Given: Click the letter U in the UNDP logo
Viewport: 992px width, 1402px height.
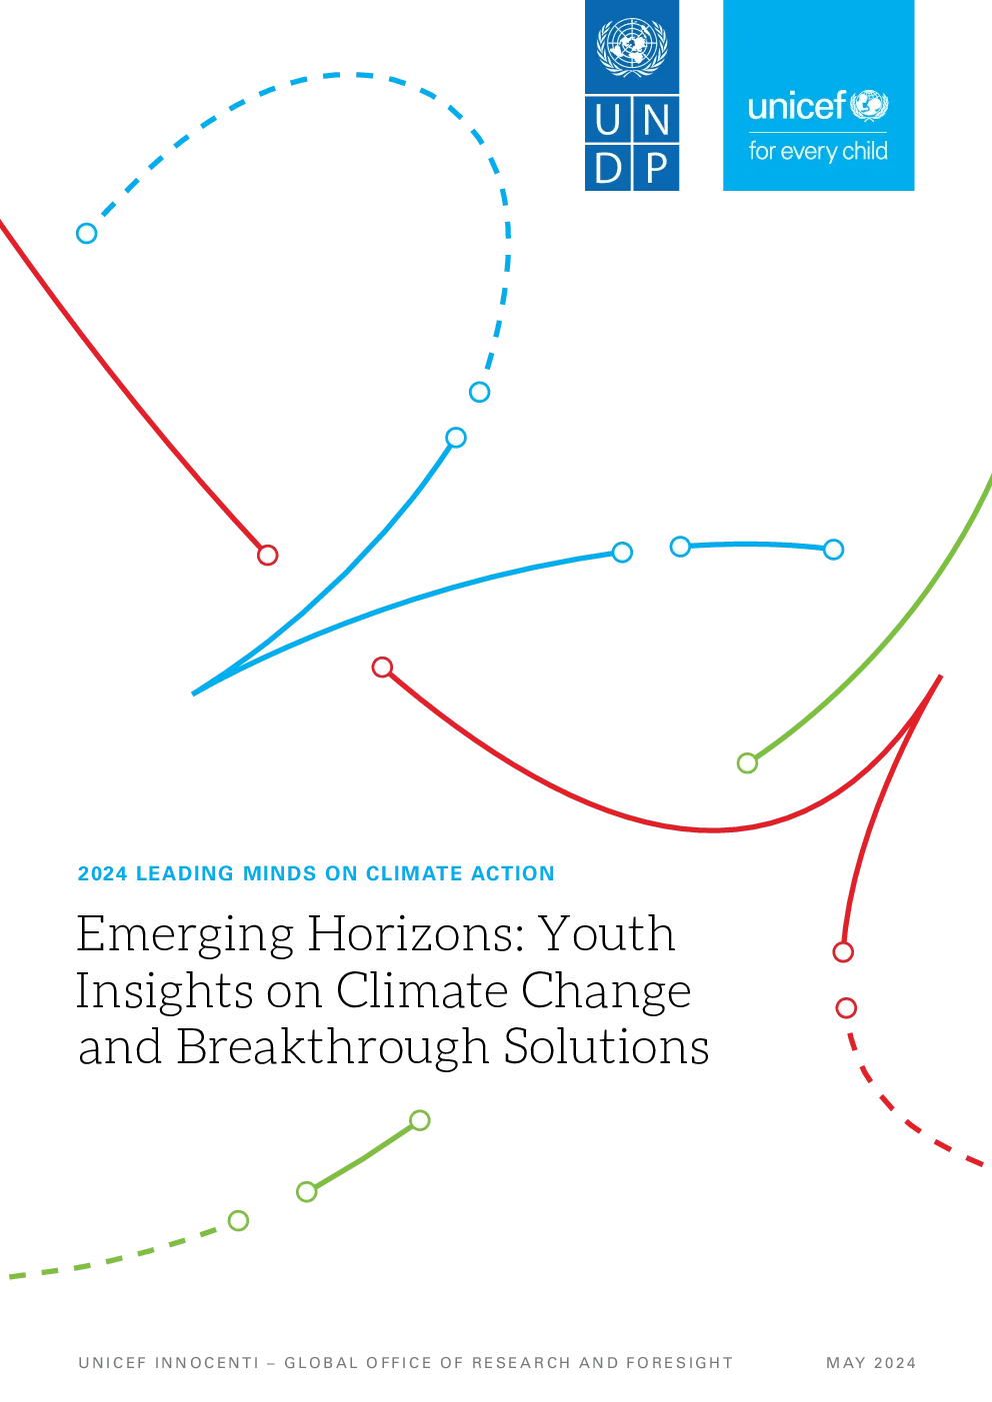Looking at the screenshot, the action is click(608, 119).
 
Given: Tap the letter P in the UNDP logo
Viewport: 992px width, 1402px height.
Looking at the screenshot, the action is click(656, 168).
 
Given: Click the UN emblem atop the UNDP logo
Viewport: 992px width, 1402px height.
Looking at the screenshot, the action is click(631, 46).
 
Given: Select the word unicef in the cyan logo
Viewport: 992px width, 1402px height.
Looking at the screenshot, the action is click(797, 106).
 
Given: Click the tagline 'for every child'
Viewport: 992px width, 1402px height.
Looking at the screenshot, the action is click(818, 152).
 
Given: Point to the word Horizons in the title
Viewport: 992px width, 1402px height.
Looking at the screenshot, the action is click(416, 934).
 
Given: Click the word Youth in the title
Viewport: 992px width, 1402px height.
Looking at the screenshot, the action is click(607, 933).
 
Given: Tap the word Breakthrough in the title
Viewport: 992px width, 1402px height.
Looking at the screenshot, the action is click(333, 1046).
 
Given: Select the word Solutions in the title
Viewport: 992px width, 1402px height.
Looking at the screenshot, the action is click(606, 1045).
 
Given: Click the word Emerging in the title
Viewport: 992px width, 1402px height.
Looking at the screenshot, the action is click(185, 934).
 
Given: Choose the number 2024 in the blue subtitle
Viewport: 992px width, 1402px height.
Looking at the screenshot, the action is click(103, 873).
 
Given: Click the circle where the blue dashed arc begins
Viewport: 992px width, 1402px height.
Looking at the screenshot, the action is click(86, 234).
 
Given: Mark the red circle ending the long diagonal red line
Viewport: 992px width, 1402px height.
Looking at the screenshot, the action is click(267, 556).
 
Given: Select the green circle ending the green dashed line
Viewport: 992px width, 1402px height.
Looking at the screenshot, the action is click(238, 1221).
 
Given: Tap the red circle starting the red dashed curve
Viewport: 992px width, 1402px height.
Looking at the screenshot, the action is click(846, 1008).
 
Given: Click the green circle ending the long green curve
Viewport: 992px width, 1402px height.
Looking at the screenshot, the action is click(747, 763).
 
